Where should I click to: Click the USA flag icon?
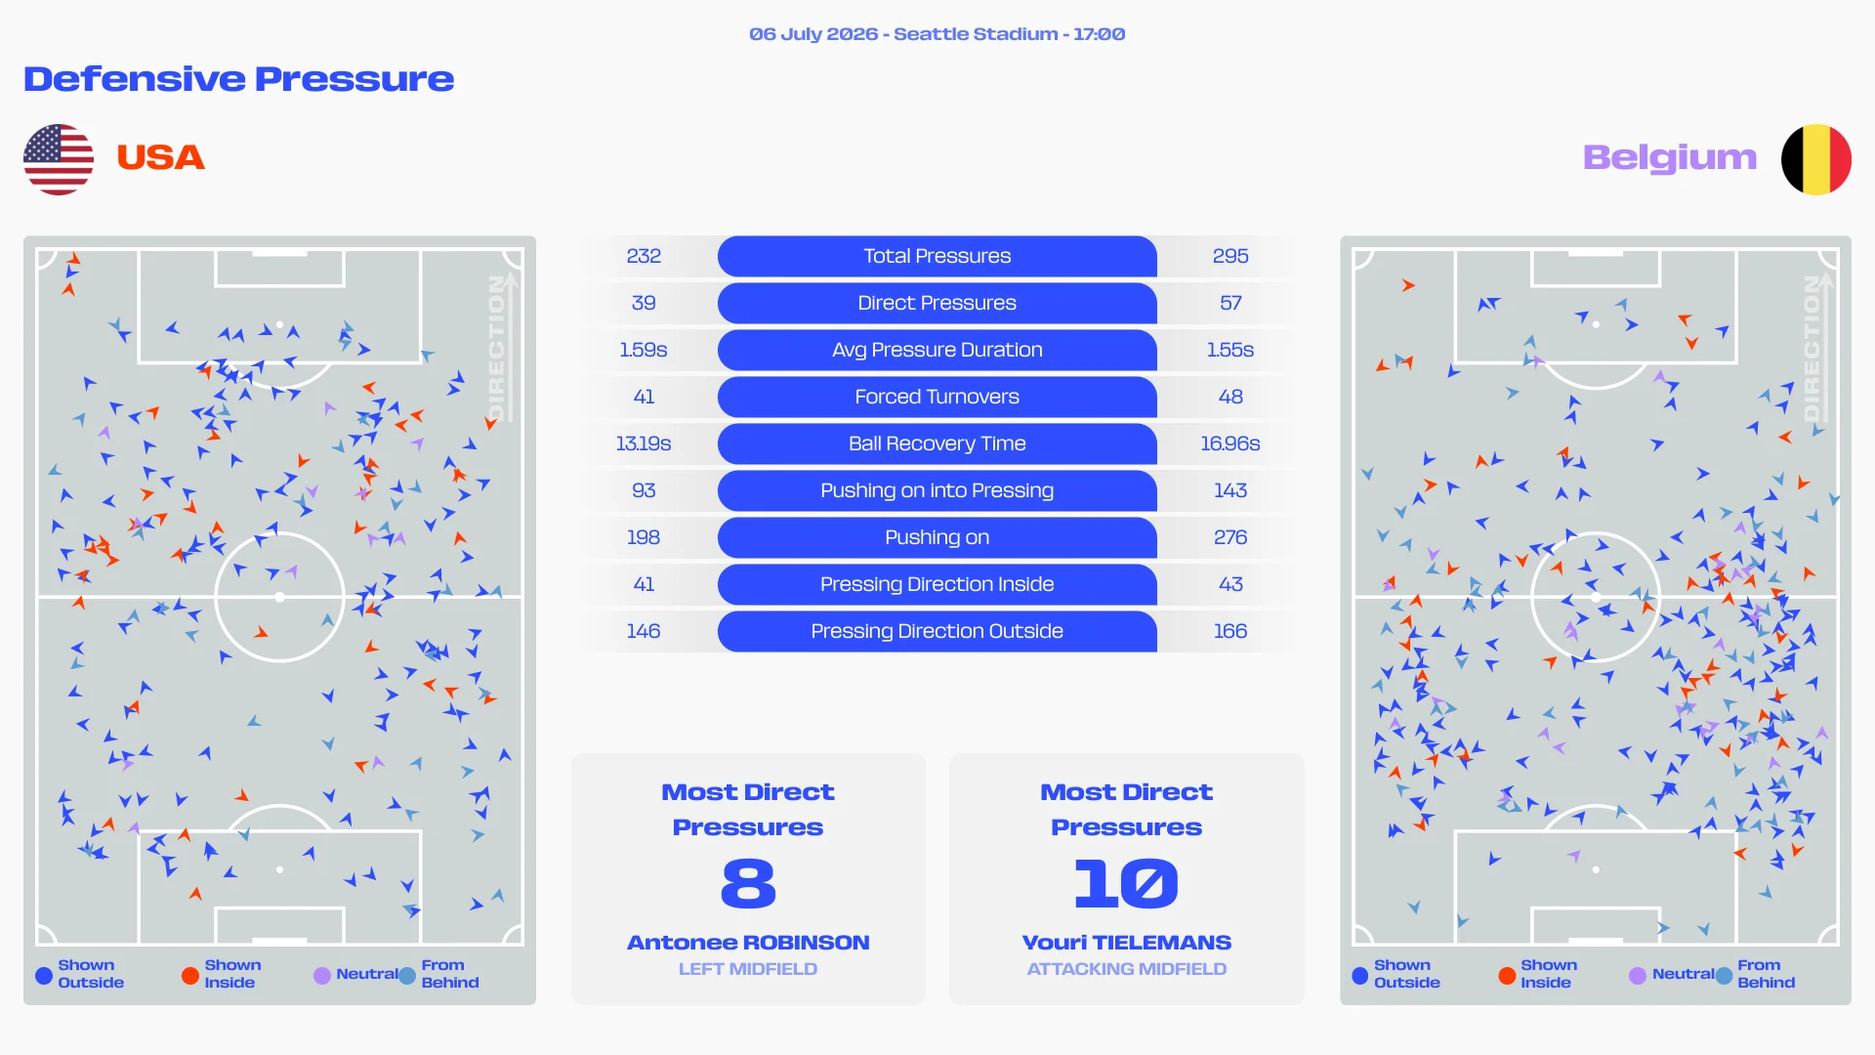(x=59, y=159)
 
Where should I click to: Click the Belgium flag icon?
(x=1816, y=159)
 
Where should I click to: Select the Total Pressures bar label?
(x=937, y=256)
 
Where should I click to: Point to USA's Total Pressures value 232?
(x=644, y=256)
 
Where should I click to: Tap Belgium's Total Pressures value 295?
(x=1230, y=256)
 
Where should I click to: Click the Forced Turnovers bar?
(x=937, y=397)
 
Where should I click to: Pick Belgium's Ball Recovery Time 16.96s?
(x=1230, y=443)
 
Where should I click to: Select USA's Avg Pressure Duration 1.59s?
(x=644, y=350)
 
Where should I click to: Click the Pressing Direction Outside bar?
(x=937, y=631)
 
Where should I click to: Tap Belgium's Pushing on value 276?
(x=1230, y=537)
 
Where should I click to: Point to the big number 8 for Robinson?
(x=748, y=883)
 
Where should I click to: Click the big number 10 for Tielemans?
(x=1126, y=883)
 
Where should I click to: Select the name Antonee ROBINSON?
(x=748, y=943)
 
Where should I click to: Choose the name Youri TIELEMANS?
(x=1127, y=943)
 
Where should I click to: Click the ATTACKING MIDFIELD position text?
(x=1127, y=969)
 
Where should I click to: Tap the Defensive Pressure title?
(x=239, y=79)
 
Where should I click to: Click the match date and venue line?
(x=937, y=34)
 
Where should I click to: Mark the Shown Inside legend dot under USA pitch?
(x=190, y=975)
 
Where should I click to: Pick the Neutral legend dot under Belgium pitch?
(x=1638, y=975)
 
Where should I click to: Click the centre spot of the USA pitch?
(x=280, y=597)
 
